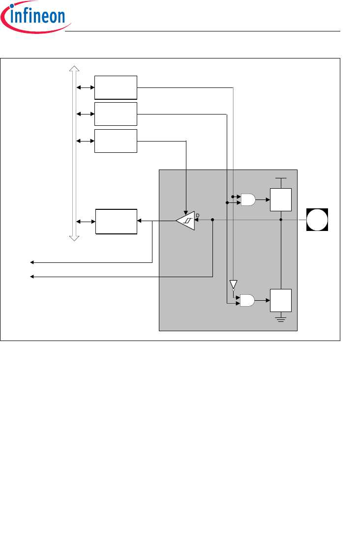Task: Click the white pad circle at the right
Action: tap(317, 220)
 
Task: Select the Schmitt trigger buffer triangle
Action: tap(185, 221)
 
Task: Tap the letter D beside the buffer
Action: tap(198, 215)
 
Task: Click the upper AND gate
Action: tap(248, 200)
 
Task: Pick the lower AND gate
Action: tap(248, 300)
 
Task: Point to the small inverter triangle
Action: tap(233, 285)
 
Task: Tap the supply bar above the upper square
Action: tap(281, 178)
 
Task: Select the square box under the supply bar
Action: tap(281, 200)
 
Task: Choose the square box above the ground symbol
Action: tap(281, 300)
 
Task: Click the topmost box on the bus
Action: tap(116, 87)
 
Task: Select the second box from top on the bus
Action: tap(116, 114)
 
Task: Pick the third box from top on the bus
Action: tap(116, 141)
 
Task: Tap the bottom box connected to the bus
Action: tap(116, 222)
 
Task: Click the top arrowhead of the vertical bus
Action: tap(74, 69)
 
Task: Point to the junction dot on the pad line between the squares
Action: tap(281, 220)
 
